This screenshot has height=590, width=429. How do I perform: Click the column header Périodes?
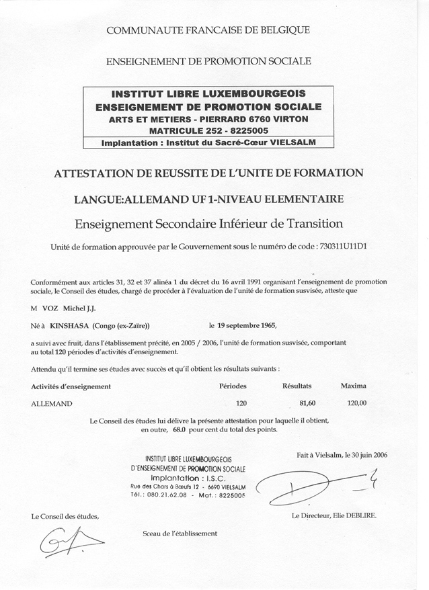click(233, 386)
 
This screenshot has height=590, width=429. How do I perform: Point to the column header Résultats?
click(297, 386)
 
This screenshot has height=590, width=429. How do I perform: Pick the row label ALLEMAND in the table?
click(52, 404)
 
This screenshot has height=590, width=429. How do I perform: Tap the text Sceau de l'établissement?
click(180, 533)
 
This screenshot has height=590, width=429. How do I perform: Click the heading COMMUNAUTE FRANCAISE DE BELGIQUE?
click(208, 30)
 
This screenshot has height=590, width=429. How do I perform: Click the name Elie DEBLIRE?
click(355, 515)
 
